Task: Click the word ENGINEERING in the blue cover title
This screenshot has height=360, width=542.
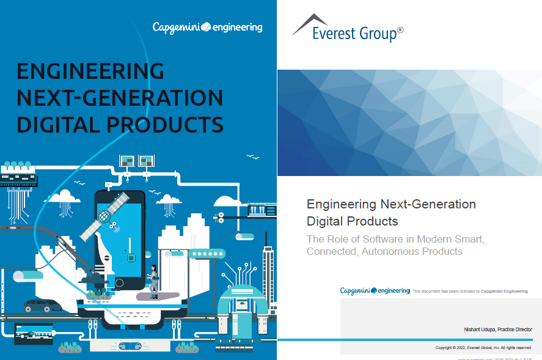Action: pyautogui.click(x=90, y=72)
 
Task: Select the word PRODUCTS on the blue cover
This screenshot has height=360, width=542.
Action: pyautogui.click(x=165, y=124)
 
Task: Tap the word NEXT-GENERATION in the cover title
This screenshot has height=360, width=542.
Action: pyautogui.click(x=120, y=98)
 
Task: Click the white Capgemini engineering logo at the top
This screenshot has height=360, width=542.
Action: pyautogui.click(x=207, y=27)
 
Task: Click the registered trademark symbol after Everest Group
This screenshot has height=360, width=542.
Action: pyautogui.click(x=400, y=29)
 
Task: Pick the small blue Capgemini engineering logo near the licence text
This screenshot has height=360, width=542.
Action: pyautogui.click(x=375, y=291)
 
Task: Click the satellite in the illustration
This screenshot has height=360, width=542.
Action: pyautogui.click(x=104, y=215)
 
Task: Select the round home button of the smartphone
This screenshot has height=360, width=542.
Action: pyautogui.click(x=119, y=283)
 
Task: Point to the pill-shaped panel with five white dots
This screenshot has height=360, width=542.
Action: pyautogui.click(x=207, y=254)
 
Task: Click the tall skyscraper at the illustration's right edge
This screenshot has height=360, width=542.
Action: pyautogui.click(x=268, y=275)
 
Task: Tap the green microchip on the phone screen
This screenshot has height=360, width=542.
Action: pyautogui.click(x=130, y=259)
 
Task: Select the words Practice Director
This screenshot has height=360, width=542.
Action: pyautogui.click(x=515, y=329)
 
